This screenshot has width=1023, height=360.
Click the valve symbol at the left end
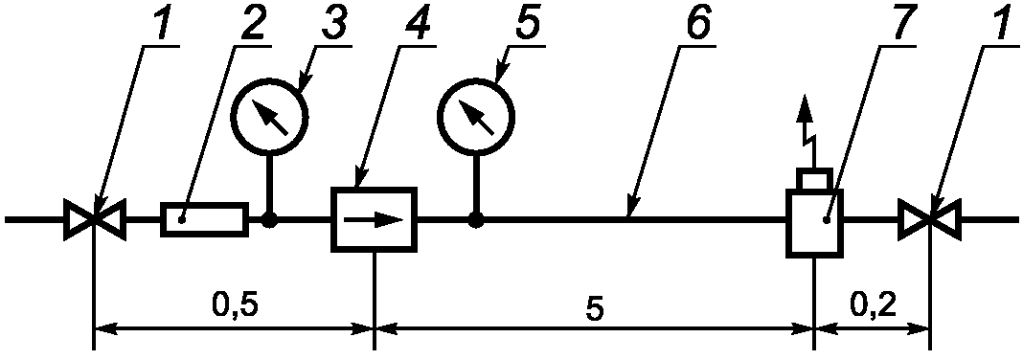[95, 220]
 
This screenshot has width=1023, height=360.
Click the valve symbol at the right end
[929, 220]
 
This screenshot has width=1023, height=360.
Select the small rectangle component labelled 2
[204, 220]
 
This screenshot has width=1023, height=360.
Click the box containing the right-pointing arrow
[374, 220]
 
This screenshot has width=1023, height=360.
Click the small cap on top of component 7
[815, 179]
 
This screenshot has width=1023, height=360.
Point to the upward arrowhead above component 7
[807, 107]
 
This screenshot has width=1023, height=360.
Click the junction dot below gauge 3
[269, 220]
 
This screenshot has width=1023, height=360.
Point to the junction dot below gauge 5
[477, 220]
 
